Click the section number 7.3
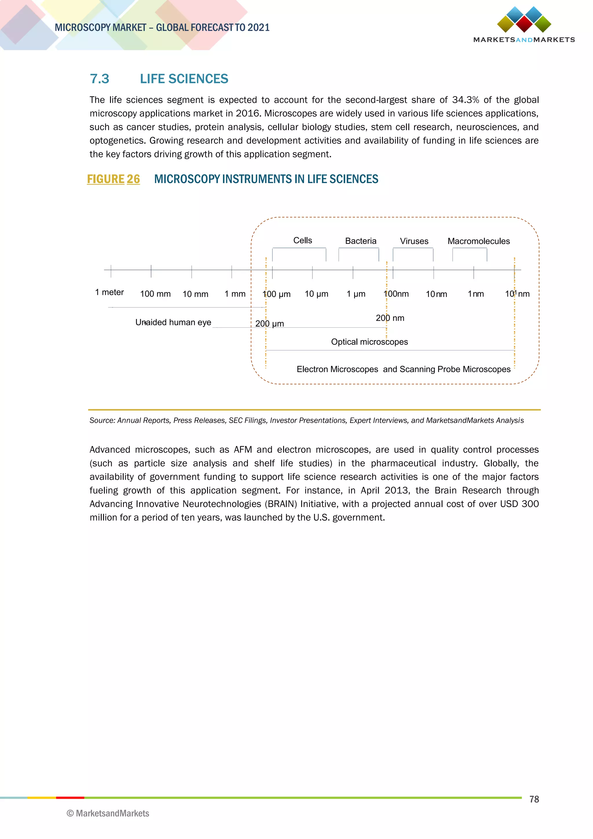tap(99, 79)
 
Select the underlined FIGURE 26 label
tap(113, 179)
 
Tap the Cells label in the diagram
tap(303, 240)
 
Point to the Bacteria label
tap(360, 241)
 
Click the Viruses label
tap(414, 241)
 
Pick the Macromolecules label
tap(478, 241)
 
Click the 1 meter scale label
tap(109, 292)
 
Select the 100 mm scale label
tap(155, 294)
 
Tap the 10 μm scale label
tap(316, 294)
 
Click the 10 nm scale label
tap(436, 294)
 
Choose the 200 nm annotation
tap(390, 318)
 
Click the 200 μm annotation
tap(270, 324)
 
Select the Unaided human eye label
tap(173, 322)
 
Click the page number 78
tap(534, 799)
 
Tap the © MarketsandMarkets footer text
tap(108, 814)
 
